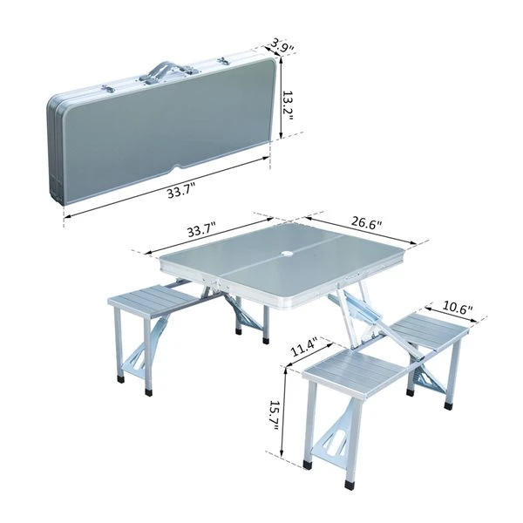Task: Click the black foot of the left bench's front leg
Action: (x=119, y=380)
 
